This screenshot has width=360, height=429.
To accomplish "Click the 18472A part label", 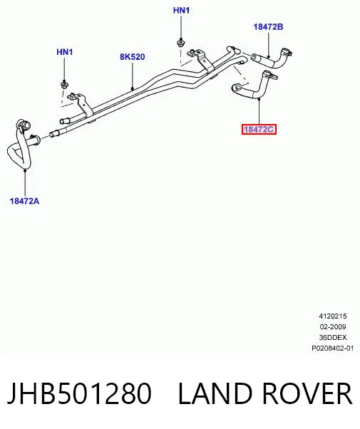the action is point(25,201).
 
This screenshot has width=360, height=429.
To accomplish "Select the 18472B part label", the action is point(268,27).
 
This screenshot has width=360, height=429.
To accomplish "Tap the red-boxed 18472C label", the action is point(259,130).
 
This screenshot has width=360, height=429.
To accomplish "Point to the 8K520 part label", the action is point(133,57).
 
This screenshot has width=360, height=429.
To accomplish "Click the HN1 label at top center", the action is point(181,11).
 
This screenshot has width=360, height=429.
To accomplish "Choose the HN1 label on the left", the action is point(65,52).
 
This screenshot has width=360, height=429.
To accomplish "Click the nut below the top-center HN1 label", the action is point(180,43).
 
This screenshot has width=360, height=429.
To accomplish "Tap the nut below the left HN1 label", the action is point(65,84).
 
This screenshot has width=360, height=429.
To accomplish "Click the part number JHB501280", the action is point(79,393).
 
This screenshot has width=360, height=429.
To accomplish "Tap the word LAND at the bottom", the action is point(215,393).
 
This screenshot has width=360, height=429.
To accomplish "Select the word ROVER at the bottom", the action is point(307,393).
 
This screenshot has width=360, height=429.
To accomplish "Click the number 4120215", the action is point(333,316).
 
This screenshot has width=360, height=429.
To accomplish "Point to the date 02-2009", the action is point(333,327).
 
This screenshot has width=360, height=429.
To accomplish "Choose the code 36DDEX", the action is point(333,338).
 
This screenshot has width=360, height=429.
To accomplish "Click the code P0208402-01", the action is point(333,348).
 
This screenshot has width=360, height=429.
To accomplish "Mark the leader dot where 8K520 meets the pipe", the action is point(133,88).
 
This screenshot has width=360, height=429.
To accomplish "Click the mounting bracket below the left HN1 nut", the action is point(80,103).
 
